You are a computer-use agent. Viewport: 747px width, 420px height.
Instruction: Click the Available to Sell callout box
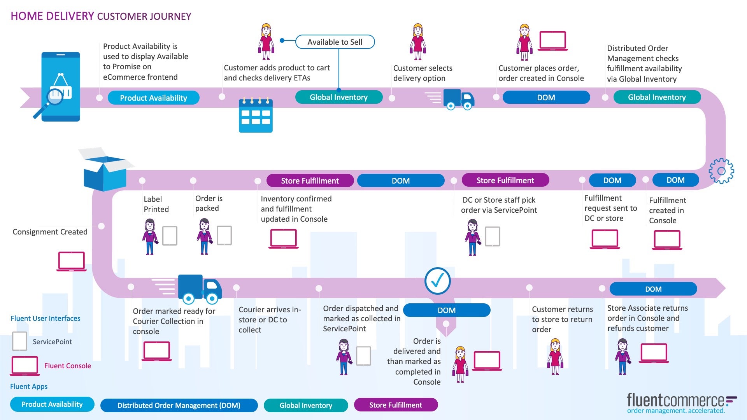[x=335, y=42]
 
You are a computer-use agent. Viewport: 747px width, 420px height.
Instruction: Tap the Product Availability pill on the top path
[x=153, y=98]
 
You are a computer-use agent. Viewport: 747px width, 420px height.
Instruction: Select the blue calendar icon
[x=256, y=115]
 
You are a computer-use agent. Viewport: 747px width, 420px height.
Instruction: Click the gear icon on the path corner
[x=721, y=171]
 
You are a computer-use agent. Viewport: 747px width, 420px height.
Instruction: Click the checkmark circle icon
[x=438, y=281]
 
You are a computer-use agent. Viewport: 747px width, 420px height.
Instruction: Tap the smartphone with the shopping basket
[x=61, y=87]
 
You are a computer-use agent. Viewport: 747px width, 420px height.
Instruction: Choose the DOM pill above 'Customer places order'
[x=546, y=98]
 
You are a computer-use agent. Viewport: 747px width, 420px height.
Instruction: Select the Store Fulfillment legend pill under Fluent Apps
[x=396, y=405]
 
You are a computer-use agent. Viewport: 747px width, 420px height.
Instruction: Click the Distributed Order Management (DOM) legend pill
[x=179, y=405]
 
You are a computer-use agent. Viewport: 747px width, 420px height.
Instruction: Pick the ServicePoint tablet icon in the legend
[x=19, y=341]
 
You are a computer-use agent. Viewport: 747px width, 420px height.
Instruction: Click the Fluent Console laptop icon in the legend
[x=25, y=366]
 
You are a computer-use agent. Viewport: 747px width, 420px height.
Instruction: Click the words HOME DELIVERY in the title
[x=52, y=16]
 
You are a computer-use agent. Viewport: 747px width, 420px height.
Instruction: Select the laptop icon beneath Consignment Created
[x=71, y=261]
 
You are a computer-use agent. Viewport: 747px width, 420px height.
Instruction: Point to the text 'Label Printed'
[x=156, y=204]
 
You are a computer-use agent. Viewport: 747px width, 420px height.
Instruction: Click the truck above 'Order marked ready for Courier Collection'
[x=199, y=289]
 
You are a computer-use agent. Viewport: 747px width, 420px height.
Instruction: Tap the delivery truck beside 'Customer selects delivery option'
[x=458, y=100]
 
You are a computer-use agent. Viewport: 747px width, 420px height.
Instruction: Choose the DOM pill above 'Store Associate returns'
[x=653, y=289]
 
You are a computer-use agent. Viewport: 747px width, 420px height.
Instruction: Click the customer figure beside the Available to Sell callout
[x=266, y=42]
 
